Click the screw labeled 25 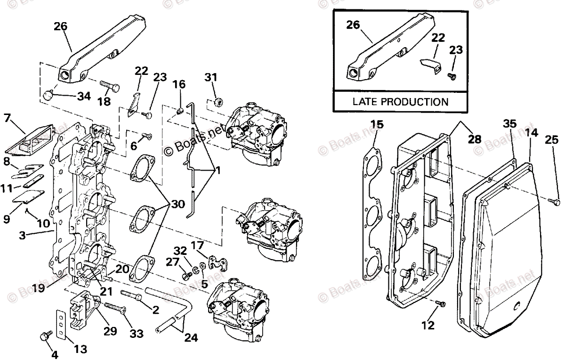(553, 201)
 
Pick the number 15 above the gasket (377, 125)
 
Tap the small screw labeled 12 (440, 304)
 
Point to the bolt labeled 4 (46, 335)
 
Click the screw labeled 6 (146, 137)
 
